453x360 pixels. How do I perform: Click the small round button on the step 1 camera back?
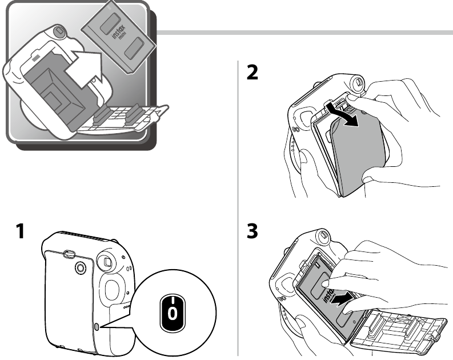tap(79, 267)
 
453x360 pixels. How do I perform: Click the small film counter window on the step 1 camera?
tap(98, 325)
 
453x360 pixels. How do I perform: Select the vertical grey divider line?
tap(238, 206)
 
